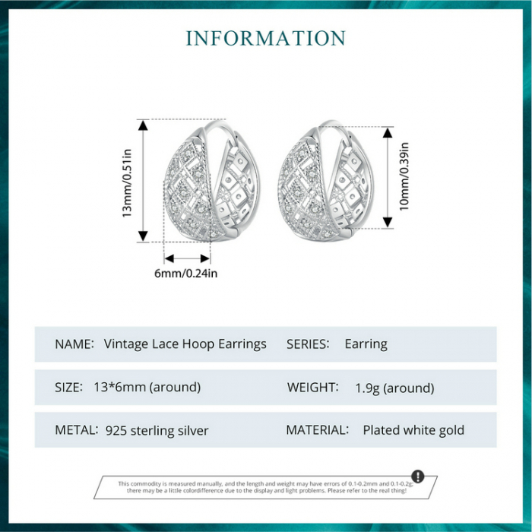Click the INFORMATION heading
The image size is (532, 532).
coord(266,38)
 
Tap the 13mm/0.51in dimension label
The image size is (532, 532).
coord(127,183)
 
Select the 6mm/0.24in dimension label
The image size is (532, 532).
coord(185,273)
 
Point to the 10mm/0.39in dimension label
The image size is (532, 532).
coord(404,176)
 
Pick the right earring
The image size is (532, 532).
coord(325,181)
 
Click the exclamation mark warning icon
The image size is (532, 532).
coord(418,476)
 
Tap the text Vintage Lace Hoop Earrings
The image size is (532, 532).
coord(185,344)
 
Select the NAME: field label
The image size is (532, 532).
coord(74,344)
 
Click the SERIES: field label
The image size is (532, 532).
coord(308,344)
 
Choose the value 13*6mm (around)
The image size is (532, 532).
coord(147,387)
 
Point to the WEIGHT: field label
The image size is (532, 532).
coord(313,387)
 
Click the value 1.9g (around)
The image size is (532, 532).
coord(394,388)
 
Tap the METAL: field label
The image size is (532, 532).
coord(77,430)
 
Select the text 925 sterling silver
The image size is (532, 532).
coord(157,431)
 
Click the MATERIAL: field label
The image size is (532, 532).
coord(318,430)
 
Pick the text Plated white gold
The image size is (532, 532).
coord(413,430)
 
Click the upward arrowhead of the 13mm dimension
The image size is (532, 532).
coord(143,125)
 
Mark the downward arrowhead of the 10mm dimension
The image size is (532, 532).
coord(388,223)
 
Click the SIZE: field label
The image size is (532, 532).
coord(69,387)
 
